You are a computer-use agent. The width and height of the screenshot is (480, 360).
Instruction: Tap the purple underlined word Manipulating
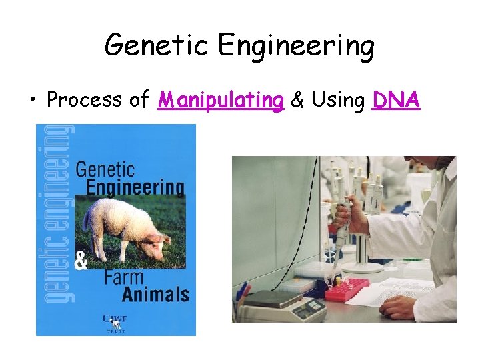point(221,101)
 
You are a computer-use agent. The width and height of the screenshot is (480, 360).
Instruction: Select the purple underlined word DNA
point(397,100)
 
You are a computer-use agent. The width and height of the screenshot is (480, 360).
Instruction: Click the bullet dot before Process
point(33,101)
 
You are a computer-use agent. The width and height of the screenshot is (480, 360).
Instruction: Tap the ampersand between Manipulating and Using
point(298,101)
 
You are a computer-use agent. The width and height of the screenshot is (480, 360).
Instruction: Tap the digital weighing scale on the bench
point(280,307)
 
